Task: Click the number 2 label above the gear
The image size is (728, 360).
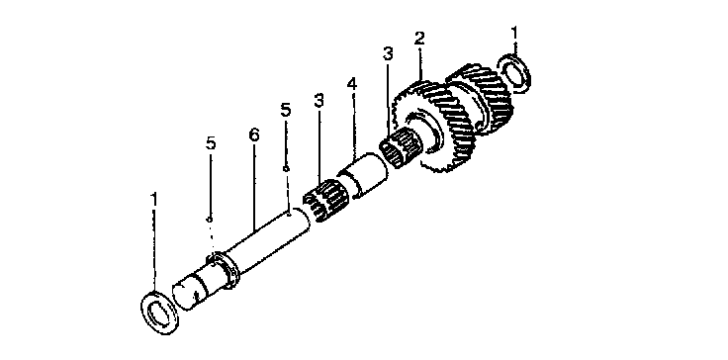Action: (419, 39)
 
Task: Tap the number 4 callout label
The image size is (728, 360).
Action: (352, 85)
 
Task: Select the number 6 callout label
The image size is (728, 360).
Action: (254, 135)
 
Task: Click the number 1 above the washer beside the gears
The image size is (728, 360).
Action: (513, 34)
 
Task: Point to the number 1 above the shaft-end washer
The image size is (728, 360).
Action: (153, 200)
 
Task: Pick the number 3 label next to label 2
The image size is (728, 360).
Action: (388, 53)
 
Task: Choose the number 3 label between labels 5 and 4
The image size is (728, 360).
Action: (318, 100)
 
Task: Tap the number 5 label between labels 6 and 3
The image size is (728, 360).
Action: (286, 110)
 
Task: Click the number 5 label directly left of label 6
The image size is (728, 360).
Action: (211, 143)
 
